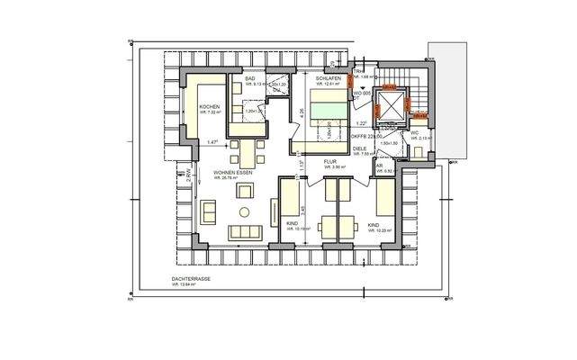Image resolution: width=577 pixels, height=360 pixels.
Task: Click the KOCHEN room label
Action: coord(210,107)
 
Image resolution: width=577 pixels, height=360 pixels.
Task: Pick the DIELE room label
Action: coord(359,148)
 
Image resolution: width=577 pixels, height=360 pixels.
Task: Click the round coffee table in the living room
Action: coord(242,211)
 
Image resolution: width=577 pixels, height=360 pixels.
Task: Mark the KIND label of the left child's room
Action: coord(292,222)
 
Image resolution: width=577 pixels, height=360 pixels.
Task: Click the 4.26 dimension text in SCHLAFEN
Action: coord(302,112)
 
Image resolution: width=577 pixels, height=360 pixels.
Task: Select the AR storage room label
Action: coord(379,165)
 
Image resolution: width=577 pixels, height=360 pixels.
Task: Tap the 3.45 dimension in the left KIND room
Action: coord(303,209)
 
